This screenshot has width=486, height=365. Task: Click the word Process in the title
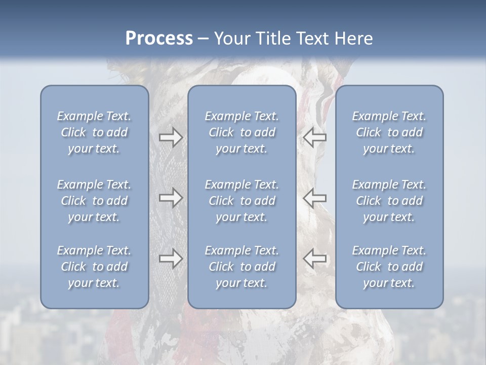click(159, 39)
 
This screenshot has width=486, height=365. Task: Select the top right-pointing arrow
click(171, 137)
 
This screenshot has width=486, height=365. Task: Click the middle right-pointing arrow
click(171, 198)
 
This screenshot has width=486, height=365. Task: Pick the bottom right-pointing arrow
click(171, 259)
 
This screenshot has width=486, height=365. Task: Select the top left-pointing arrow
click(314, 137)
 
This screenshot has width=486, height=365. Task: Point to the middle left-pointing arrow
click(314, 198)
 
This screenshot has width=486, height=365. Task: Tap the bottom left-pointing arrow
click(314, 259)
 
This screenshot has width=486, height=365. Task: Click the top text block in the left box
click(94, 132)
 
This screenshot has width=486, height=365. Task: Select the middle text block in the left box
click(94, 201)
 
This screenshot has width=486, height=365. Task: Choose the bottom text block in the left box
click(94, 267)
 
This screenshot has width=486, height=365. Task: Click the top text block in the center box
click(241, 132)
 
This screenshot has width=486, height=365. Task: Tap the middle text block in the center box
click(241, 201)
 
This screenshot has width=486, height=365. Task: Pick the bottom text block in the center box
click(241, 267)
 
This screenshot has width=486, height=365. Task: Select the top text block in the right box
click(389, 132)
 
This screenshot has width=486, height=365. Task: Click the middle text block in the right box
click(389, 201)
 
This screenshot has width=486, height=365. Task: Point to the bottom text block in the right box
click(389, 267)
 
